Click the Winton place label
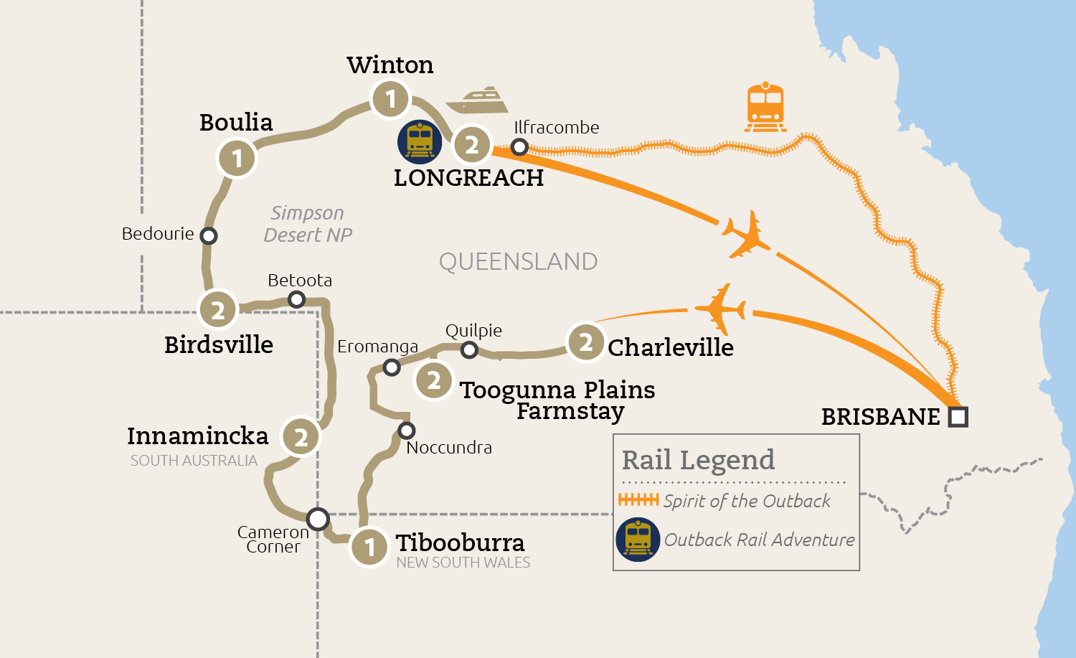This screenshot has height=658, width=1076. tap(390, 65)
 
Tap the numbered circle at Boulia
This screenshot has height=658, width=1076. tap(237, 159)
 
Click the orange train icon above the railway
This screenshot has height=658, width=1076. tap(765, 107)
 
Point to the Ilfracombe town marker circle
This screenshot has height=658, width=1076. tap(519, 147)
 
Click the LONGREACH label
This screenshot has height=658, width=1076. tap(468, 178)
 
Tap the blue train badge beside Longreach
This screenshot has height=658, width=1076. tap(420, 142)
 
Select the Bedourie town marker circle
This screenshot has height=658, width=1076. tap(209, 235)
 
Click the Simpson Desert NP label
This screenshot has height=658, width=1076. tap(308, 224)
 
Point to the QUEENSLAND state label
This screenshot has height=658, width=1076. tap(518, 262)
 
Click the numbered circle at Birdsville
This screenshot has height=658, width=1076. tap(218, 310)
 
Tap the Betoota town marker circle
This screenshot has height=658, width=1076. tap(296, 299)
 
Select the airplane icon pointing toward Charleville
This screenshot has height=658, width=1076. tap(720, 309)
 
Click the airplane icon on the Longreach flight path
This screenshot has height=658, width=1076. tap(746, 235)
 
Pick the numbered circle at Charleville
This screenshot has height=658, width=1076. tap(586, 342)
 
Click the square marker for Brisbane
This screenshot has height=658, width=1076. tap(958, 417)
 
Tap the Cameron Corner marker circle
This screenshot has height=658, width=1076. tap(318, 518)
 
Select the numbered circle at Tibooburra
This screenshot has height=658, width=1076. tap(369, 547)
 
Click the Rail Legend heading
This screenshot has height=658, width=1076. tap(698, 460)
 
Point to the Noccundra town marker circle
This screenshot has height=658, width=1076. tap(407, 431)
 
